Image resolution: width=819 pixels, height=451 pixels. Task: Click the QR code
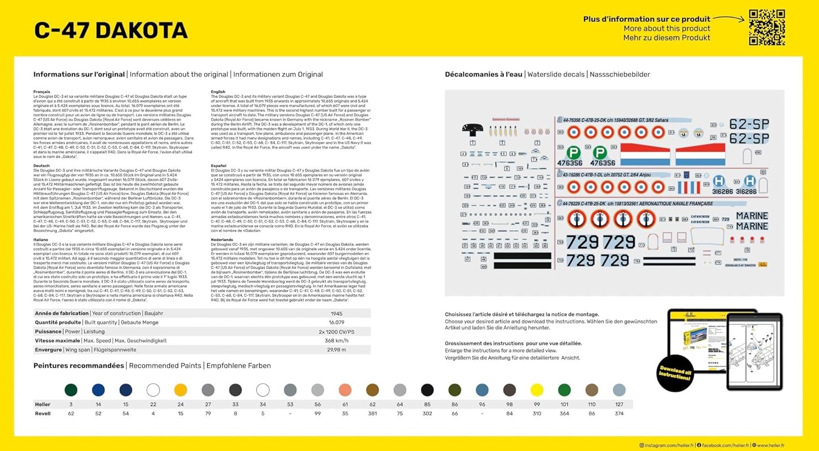[767, 27]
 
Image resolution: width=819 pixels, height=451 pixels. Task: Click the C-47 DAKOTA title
[111, 31]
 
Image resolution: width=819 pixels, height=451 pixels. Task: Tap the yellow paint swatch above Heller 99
[537, 390]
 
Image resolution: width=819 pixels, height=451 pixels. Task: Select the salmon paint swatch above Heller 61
[345, 390]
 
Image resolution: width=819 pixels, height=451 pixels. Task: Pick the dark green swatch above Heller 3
[71, 390]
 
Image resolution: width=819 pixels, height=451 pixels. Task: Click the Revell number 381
[372, 413]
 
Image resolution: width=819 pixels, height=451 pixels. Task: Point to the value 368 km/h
[336, 341]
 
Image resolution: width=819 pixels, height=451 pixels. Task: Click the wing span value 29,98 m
[336, 350]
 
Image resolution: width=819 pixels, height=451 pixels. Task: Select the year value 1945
[336, 314]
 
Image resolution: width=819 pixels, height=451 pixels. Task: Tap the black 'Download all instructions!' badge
[675, 373]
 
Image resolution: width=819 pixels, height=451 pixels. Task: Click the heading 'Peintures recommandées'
[79, 366]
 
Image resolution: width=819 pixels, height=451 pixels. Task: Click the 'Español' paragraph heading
[218, 166]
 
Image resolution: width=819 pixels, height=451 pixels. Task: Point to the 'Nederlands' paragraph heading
[222, 240]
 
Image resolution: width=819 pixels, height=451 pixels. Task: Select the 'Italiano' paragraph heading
[41, 240]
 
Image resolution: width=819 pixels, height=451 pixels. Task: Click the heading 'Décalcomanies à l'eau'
[483, 75]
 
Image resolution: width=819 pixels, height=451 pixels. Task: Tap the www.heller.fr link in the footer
[770, 446]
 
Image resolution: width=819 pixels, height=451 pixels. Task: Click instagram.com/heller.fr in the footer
[669, 446]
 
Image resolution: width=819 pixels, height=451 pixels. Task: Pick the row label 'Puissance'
[48, 332]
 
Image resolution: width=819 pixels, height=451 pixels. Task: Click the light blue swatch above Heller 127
[619, 390]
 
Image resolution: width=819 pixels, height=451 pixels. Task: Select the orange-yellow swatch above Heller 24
[181, 390]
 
